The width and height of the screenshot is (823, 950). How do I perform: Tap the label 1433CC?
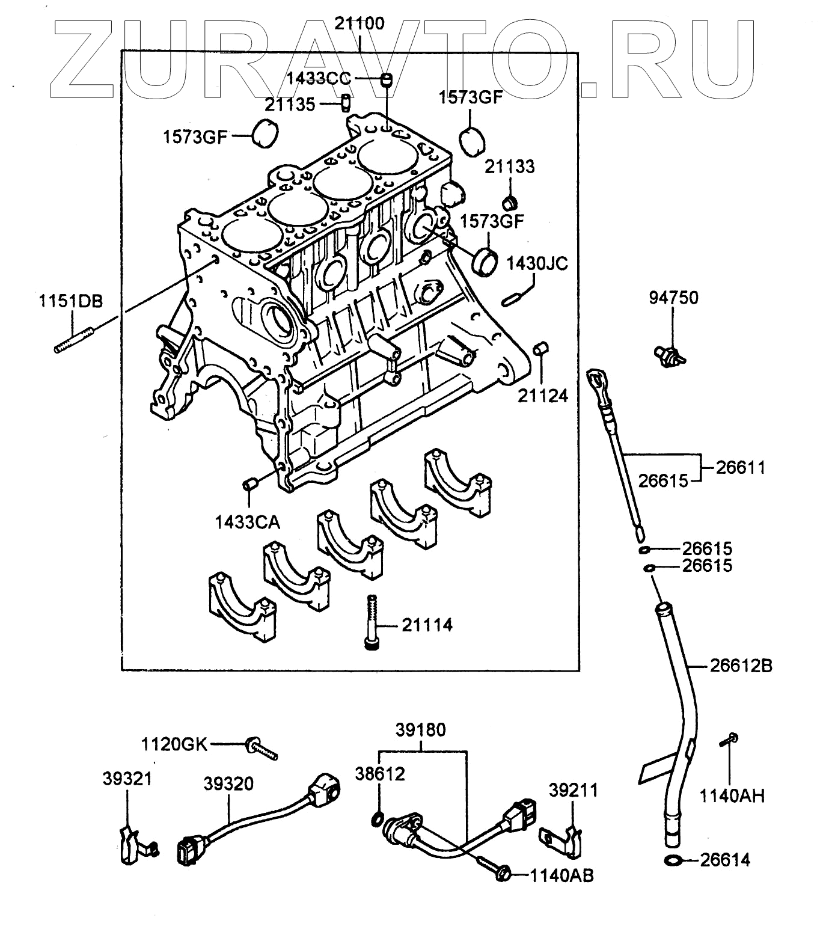click(x=322, y=78)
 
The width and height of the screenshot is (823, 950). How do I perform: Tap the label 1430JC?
click(x=537, y=264)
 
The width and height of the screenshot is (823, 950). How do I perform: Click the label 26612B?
click(x=741, y=666)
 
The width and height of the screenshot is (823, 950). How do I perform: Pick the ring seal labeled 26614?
click(x=675, y=861)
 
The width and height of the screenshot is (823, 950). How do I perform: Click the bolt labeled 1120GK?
click(x=261, y=748)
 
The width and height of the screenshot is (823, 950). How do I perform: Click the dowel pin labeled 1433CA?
click(x=249, y=483)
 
